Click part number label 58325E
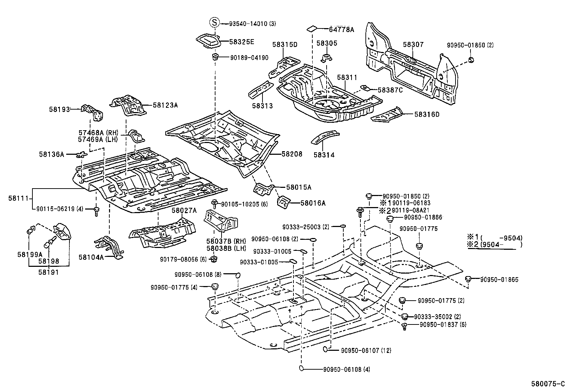point(241,42)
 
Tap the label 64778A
point(341,30)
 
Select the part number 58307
point(413,44)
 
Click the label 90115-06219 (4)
point(59,209)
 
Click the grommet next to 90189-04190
point(215,57)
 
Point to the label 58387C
point(390,90)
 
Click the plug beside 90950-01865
point(469,279)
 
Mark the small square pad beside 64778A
point(312,28)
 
